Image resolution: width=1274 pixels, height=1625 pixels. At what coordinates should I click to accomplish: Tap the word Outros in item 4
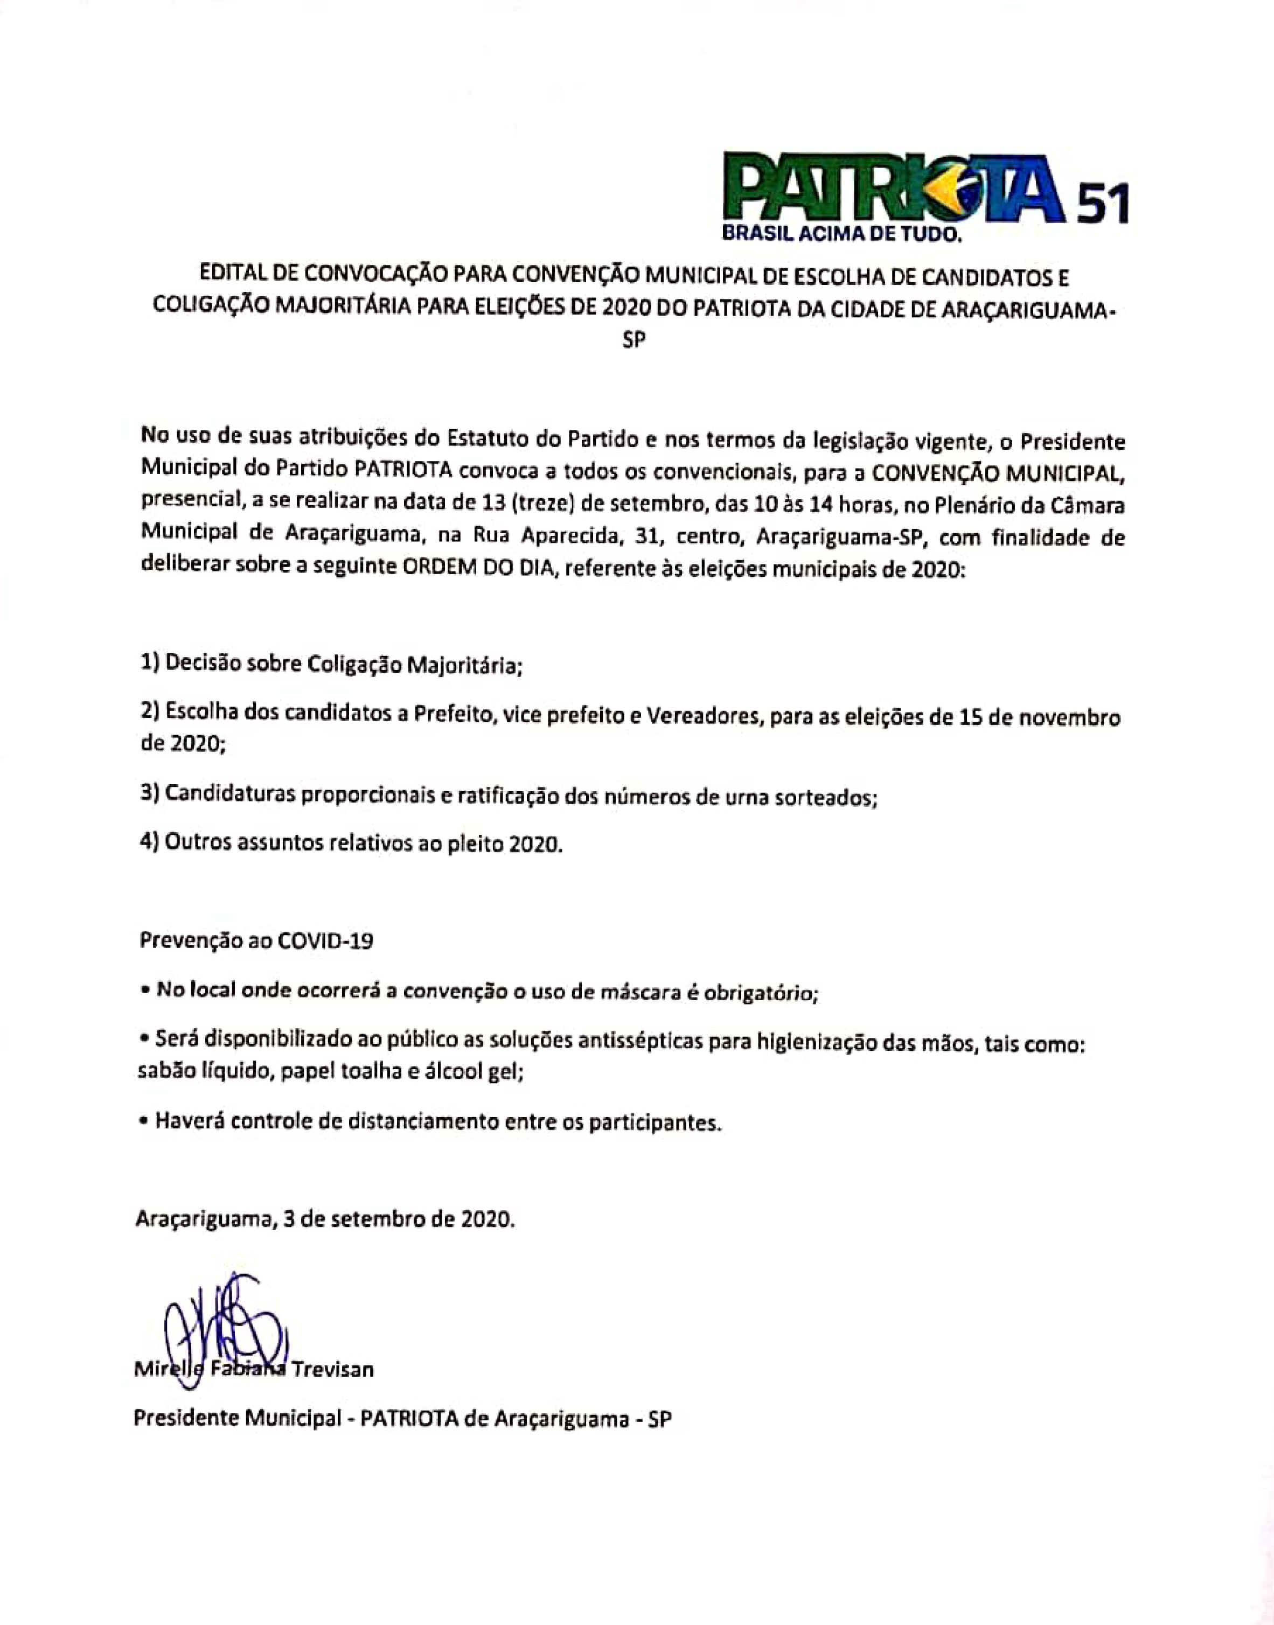coord(194,843)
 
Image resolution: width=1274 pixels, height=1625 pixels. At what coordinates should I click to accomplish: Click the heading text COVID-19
coord(324,941)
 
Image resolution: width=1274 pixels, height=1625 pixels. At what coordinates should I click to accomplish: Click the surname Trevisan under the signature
coord(333,1370)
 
